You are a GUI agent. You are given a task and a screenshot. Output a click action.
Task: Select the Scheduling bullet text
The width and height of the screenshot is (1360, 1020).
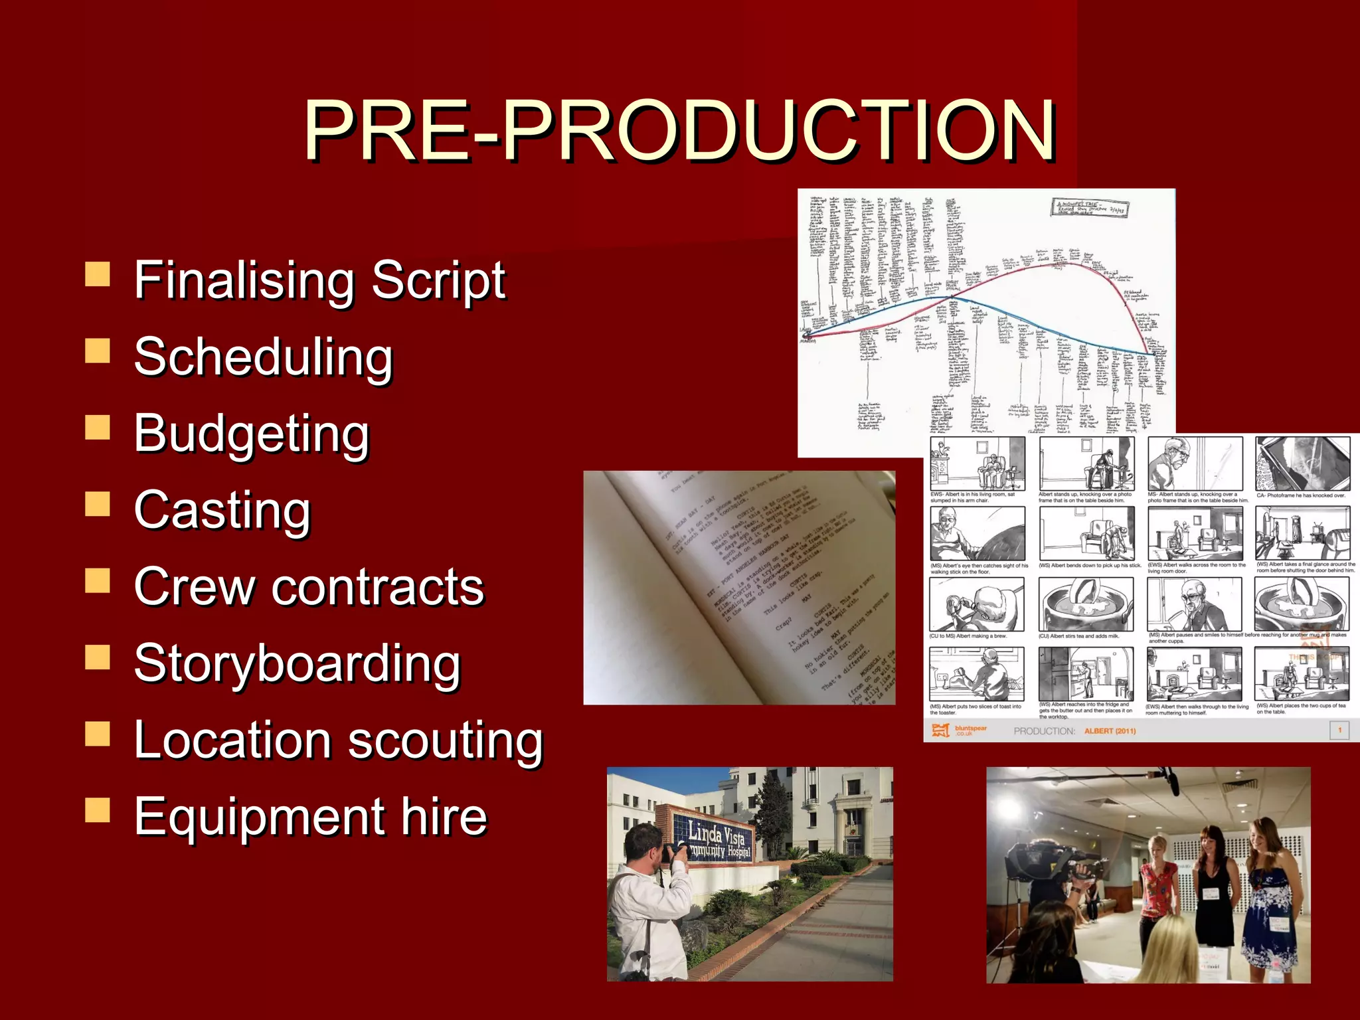point(264,357)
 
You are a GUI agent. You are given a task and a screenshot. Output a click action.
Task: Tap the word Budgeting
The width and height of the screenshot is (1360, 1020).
point(252,434)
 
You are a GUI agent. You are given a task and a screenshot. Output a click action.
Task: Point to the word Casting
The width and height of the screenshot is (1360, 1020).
point(222,510)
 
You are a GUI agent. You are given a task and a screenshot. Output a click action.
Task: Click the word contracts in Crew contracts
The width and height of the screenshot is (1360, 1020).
point(377,587)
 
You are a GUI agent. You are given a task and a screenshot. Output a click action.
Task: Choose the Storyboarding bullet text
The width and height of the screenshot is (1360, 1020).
point(297,663)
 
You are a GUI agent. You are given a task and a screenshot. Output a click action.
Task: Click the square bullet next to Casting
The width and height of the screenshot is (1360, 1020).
point(98,504)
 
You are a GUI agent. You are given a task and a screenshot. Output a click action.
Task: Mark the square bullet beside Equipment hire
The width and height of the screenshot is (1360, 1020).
point(98,810)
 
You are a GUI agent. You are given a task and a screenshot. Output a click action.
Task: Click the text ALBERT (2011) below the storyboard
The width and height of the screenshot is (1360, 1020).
point(1110,731)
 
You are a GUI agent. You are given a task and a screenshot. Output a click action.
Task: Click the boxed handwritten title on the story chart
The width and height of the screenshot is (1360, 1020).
point(1089,208)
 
